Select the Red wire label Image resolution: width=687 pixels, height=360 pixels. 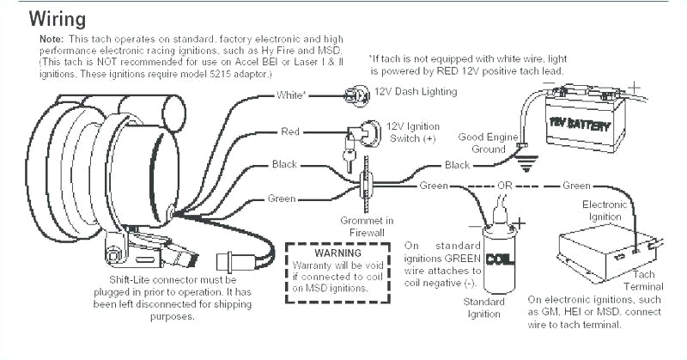tap(289, 131)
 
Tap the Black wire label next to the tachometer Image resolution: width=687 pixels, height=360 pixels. tap(284, 164)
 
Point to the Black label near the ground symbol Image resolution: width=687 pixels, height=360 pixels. tap(457, 164)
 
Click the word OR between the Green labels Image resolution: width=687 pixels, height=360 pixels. tap(507, 186)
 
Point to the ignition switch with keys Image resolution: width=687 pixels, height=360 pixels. tap(358, 137)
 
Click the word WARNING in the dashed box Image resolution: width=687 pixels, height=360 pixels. tap(338, 254)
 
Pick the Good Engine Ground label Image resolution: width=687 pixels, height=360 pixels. tap(486, 142)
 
